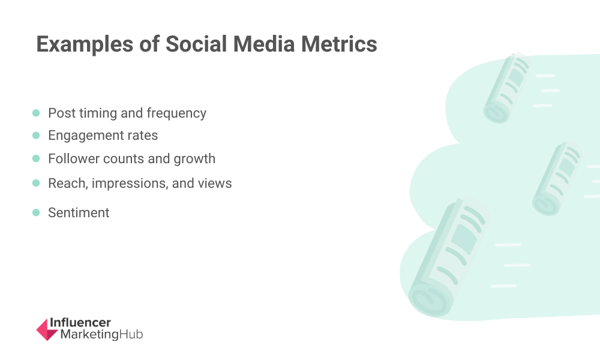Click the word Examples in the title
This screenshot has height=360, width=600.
pyautogui.click(x=85, y=44)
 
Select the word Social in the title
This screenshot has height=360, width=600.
pyautogui.click(x=196, y=44)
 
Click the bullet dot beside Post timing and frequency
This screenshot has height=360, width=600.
pyautogui.click(x=36, y=113)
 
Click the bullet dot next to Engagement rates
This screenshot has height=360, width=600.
pyautogui.click(x=36, y=136)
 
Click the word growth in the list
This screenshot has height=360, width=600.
pyautogui.click(x=194, y=159)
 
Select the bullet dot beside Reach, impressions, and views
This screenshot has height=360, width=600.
pyautogui.click(x=36, y=183)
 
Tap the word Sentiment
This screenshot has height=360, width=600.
pyautogui.click(x=79, y=213)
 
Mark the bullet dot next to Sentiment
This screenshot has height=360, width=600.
pyautogui.click(x=36, y=213)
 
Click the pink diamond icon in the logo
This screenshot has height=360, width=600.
pyautogui.click(x=47, y=329)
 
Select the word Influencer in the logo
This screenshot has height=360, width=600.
pyautogui.click(x=80, y=323)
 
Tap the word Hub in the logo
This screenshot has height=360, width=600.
pyautogui.click(x=131, y=334)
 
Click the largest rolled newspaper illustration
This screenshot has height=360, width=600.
pyautogui.click(x=448, y=257)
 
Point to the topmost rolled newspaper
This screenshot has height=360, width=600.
pyautogui.click(x=506, y=88)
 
